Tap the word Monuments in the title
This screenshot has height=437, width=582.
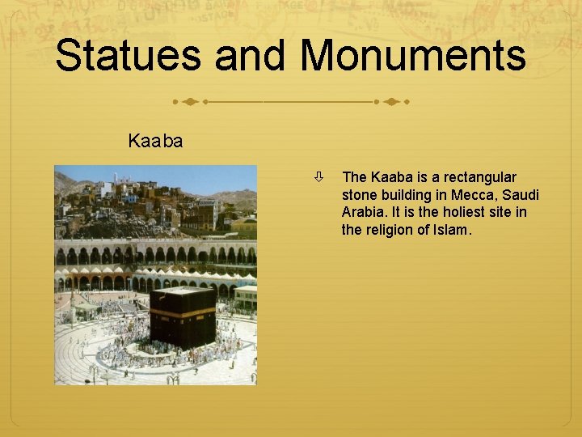pos(413,57)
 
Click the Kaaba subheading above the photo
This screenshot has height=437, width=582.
pos(155,141)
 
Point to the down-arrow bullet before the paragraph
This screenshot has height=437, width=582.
pos(321,176)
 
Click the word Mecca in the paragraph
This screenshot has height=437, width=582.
pos(455,195)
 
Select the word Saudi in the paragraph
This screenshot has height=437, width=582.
pos(520,195)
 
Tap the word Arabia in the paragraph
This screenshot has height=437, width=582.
pos(364,212)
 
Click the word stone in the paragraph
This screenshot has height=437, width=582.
pos(359,195)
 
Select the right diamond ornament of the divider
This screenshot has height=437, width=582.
pos(390,103)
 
